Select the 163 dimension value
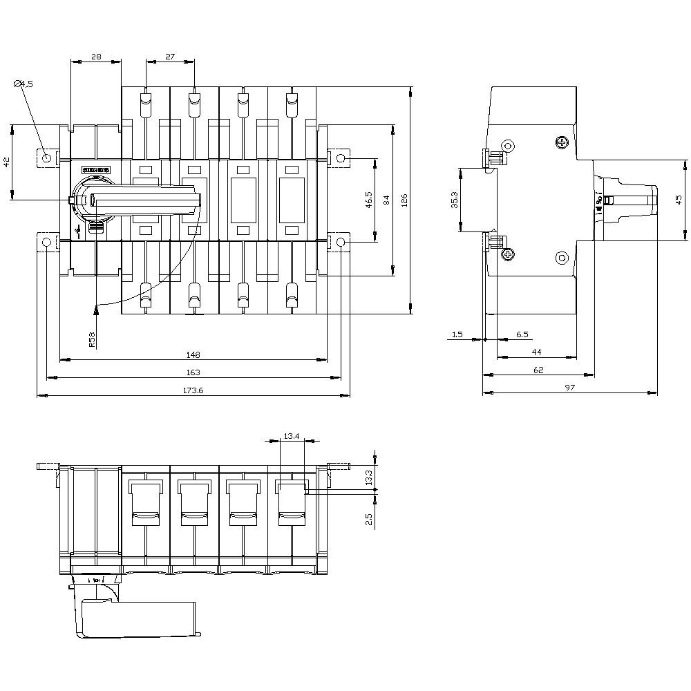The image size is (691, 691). [193, 372]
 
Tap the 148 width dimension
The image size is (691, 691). [193, 354]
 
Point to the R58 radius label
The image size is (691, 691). [92, 339]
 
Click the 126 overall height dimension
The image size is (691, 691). [405, 200]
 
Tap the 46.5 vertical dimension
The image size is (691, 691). [369, 200]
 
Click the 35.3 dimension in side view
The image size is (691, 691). [454, 200]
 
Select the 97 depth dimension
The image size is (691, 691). [569, 388]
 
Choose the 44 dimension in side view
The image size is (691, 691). [536, 352]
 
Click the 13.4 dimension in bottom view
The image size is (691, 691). [292, 436]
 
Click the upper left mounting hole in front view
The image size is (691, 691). [46, 159]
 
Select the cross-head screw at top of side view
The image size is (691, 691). [562, 143]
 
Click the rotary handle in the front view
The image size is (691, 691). [145, 200]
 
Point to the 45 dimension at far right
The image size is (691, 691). [679, 200]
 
